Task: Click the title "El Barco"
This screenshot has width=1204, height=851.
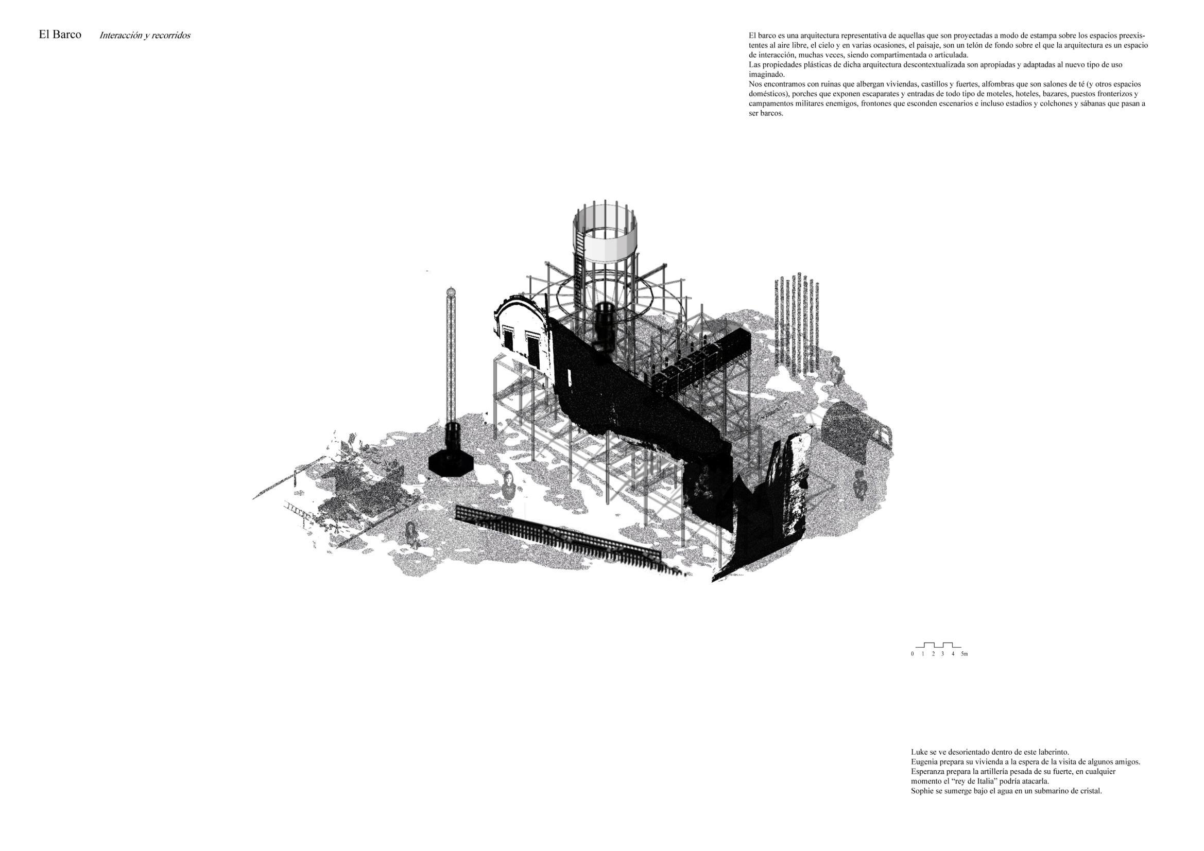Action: pos(60,35)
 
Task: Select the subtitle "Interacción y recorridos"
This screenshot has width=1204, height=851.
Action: pos(145,36)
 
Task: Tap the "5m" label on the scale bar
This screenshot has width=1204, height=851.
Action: pos(964,654)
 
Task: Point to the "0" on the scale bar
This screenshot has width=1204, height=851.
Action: pos(913,654)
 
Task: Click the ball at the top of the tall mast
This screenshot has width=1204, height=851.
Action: pos(450,291)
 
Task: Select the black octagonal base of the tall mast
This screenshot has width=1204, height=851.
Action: pos(451,462)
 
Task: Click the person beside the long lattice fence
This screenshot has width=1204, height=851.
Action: pos(411,534)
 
